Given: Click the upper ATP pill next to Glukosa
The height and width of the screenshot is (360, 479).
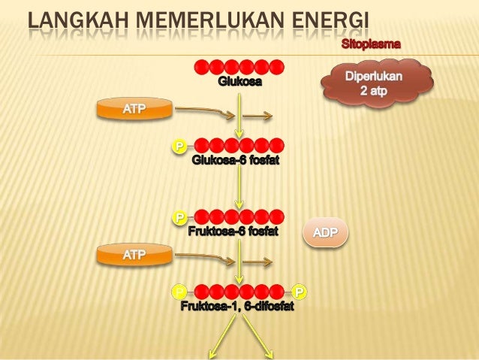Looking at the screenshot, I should coord(134,110).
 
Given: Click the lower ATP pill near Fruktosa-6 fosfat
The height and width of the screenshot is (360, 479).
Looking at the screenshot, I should coord(134,256).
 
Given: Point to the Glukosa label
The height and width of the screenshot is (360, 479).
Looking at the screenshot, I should coord(240,81).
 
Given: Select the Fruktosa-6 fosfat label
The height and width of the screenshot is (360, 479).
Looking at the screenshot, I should coord(233,231).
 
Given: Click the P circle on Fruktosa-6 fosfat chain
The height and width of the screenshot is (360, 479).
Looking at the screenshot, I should coord(180,218).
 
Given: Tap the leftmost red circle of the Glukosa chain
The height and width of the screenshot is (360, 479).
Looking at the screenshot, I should coord(202,66).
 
